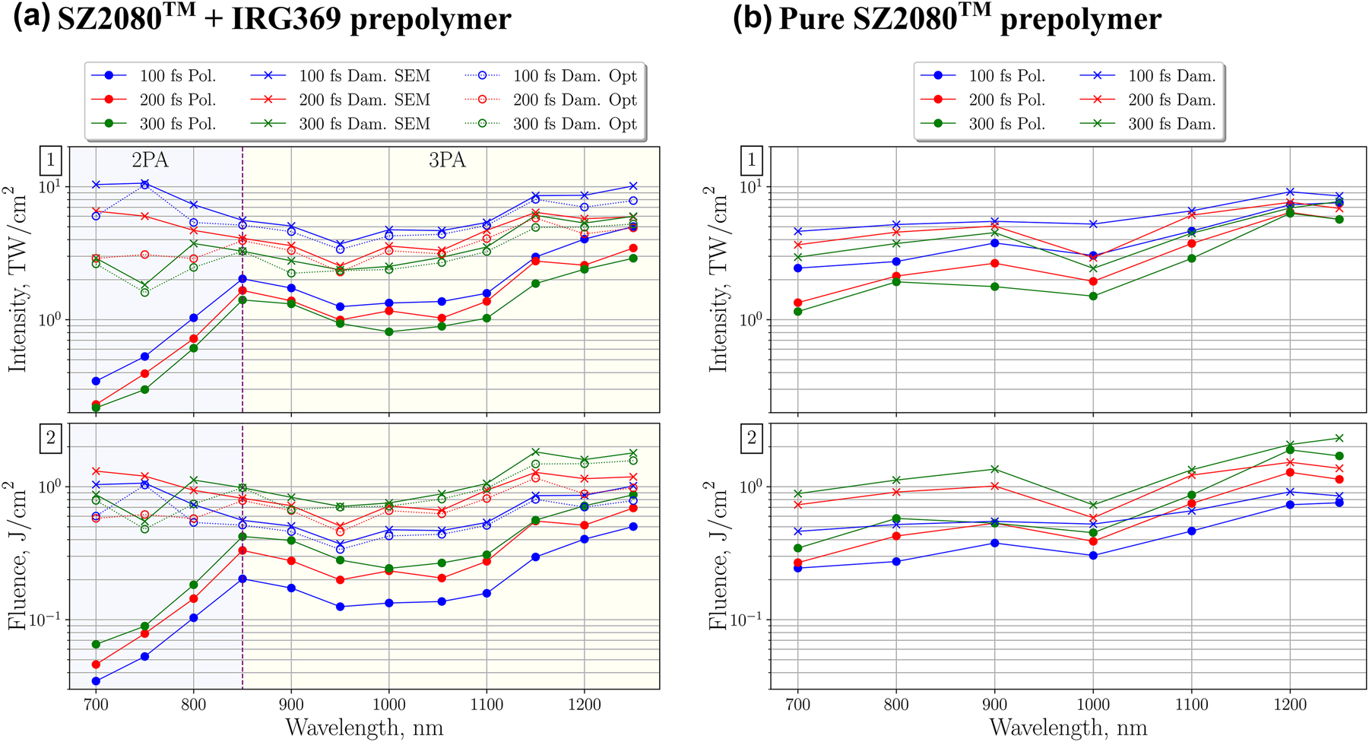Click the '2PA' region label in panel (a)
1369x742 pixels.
150,160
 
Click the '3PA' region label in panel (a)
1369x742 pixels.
447,160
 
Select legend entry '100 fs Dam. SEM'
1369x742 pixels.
364,76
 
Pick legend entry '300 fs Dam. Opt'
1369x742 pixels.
575,124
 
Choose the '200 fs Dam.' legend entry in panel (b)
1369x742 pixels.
1171,100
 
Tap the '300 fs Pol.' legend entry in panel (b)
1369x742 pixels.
1006,124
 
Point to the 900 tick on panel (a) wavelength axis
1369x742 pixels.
291,704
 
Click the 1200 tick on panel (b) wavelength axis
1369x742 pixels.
1289,704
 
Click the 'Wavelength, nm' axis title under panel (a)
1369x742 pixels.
364,728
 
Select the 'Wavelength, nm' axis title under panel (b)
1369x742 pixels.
1068,728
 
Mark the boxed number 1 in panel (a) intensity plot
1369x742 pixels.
51,160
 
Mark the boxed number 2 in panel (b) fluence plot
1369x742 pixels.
752,437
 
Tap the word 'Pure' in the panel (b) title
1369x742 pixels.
812,19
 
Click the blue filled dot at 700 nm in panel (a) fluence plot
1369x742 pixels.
96,681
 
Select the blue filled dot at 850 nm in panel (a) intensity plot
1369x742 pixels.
242,279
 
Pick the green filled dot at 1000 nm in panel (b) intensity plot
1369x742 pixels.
1093,296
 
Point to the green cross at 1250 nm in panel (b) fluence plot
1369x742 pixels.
1339,438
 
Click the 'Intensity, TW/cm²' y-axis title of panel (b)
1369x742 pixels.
719,280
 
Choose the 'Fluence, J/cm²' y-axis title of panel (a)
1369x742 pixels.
17,556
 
